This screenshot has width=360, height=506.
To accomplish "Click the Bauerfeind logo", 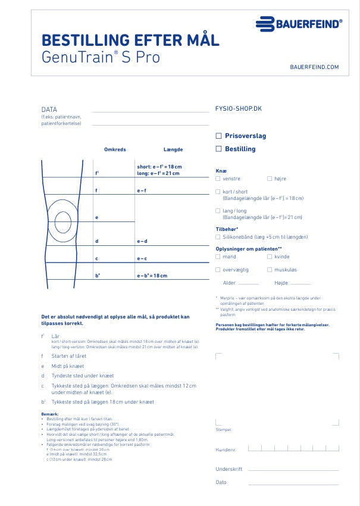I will point(299,24).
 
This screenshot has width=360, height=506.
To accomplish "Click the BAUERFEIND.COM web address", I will point(314,67).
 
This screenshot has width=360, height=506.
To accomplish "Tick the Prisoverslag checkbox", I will point(219,136).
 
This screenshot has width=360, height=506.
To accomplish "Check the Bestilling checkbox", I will point(219,149).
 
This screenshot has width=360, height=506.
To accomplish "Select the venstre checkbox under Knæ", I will point(218,179).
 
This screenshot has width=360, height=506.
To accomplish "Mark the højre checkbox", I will point(270,179).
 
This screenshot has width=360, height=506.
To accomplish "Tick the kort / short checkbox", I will point(218,192).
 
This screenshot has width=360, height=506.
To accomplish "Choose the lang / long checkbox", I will point(218,211).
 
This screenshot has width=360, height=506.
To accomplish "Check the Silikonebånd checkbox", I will point(218,236).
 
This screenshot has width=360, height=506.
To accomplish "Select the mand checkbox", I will point(218,257).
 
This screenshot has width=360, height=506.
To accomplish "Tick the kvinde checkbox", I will point(270,257).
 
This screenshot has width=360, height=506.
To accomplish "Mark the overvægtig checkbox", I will point(218,270).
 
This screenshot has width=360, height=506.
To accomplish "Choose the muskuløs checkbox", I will point(270,270).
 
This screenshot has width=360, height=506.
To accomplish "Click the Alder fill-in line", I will point(248,284).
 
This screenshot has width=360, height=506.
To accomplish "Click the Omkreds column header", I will point(115,149).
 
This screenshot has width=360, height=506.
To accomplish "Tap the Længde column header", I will point(173,149).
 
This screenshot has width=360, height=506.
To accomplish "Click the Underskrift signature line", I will point(293,470).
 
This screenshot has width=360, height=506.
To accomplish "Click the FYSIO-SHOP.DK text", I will point(238,109).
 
